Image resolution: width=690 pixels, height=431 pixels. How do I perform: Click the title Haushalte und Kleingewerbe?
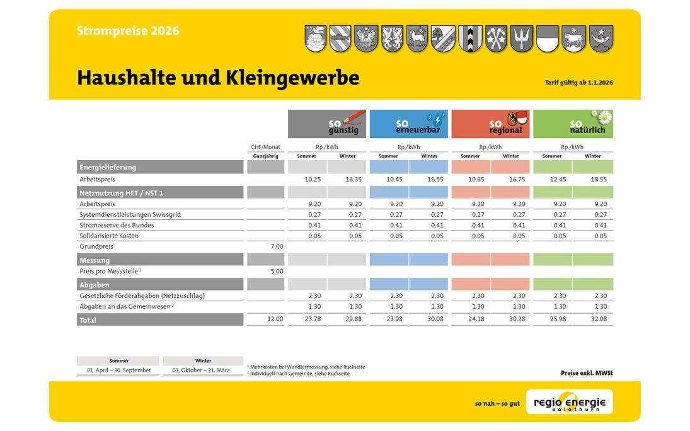click(x=217, y=78)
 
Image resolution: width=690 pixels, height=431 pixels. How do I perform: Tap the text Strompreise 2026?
click(x=128, y=31)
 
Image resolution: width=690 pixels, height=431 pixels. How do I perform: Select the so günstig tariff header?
click(x=327, y=124)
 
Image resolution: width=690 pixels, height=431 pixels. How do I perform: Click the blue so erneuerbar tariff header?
click(x=408, y=124)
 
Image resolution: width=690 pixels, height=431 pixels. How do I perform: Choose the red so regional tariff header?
click(x=490, y=124)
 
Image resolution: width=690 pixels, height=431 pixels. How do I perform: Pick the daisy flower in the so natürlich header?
click(x=604, y=117)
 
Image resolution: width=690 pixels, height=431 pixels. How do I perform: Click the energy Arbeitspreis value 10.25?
click(x=313, y=180)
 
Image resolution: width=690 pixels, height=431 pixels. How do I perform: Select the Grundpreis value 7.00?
click(x=277, y=246)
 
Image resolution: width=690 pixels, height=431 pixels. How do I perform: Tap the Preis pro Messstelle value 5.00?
click(x=277, y=271)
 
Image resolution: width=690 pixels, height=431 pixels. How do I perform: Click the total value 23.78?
click(x=313, y=319)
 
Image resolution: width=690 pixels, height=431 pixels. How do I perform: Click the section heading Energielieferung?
click(x=108, y=168)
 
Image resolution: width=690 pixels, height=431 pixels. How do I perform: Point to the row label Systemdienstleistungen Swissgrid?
click(x=130, y=214)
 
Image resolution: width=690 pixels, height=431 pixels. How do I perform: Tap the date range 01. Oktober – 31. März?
click(x=203, y=371)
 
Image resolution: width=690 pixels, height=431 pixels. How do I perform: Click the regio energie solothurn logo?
click(x=569, y=402)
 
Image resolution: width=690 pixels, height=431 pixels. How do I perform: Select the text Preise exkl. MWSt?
click(x=587, y=373)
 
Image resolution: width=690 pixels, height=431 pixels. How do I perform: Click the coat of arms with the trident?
click(x=522, y=39)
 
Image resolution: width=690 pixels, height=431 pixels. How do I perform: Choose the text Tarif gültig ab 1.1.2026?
click(x=578, y=83)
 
